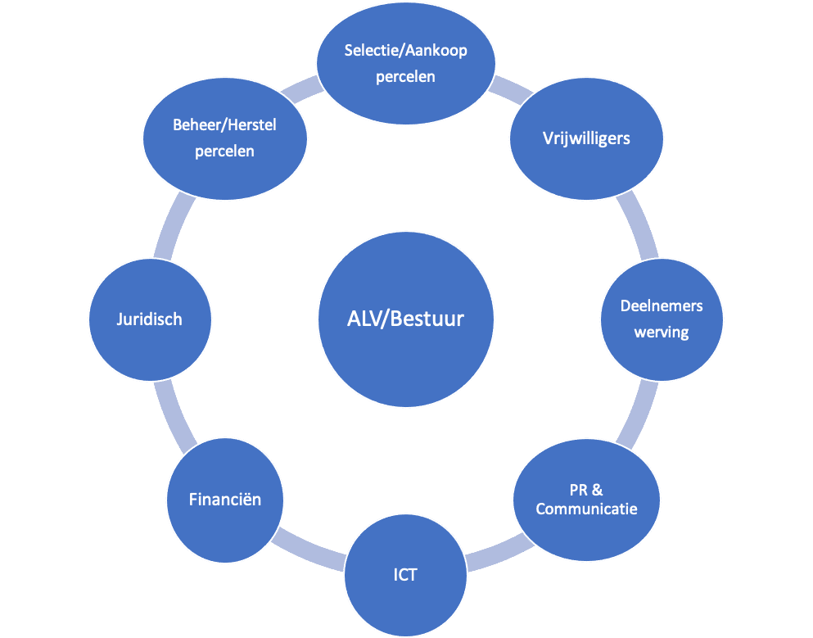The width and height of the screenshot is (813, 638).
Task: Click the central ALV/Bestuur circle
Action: click(x=405, y=319)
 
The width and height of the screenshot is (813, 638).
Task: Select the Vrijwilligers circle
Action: click(x=586, y=138)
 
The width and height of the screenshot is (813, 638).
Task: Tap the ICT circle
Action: click(x=405, y=575)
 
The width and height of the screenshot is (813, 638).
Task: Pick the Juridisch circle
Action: click(x=149, y=319)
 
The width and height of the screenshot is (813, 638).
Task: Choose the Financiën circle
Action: click(x=225, y=499)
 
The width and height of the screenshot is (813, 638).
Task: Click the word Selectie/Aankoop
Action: click(x=406, y=51)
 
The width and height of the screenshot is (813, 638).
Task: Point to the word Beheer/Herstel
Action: click(x=224, y=125)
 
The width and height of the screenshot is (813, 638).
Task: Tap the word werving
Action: click(x=662, y=333)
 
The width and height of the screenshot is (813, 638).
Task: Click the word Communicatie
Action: click(x=586, y=509)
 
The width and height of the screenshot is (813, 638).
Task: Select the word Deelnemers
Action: click(x=662, y=306)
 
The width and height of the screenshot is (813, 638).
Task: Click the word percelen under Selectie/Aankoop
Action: click(x=406, y=77)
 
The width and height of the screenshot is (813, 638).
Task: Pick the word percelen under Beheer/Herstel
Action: click(x=224, y=152)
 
